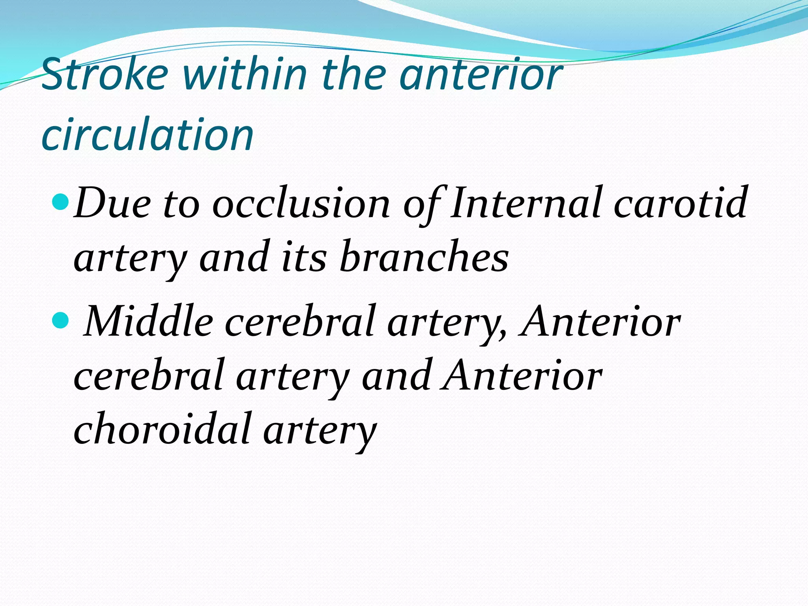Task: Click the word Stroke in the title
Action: pos(105,74)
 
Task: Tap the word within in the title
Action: pos(245,74)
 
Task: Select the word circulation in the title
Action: pos(148,135)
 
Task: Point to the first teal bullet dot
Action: pos(60,202)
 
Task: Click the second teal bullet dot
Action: pos(60,320)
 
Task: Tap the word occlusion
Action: pos(301,203)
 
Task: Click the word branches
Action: pos(424,257)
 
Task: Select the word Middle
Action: pos(149,322)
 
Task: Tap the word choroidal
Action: pos(163,429)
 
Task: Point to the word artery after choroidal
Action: pos(320,431)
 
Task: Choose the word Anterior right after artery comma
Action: pos(600,322)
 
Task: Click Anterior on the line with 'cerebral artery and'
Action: pos(522,376)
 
